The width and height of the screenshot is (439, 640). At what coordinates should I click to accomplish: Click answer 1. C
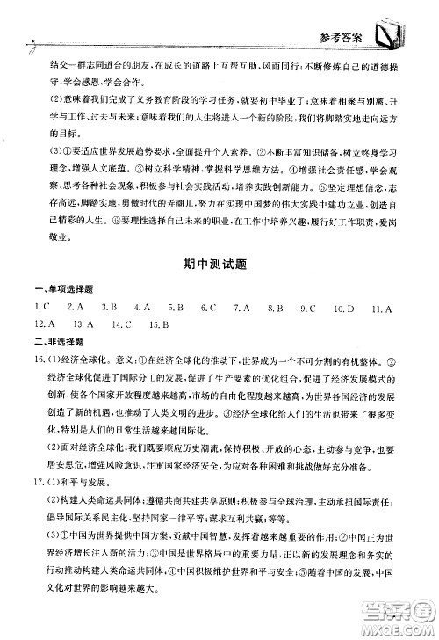tap(41, 307)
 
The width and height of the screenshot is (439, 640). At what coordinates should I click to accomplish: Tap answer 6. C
tap(208, 307)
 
